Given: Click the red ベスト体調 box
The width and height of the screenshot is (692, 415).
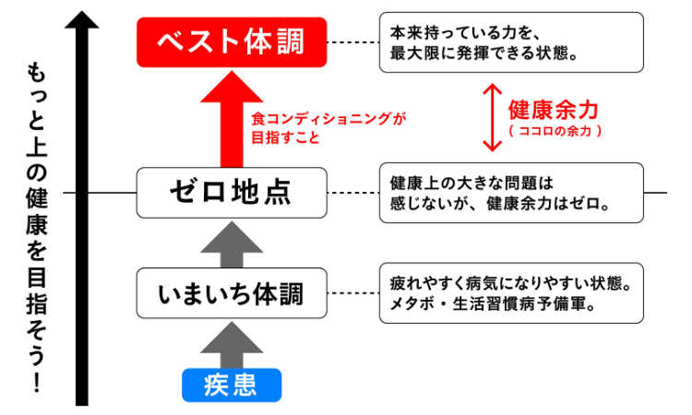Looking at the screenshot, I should click(231, 41).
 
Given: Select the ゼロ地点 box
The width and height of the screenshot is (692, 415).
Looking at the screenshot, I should click(231, 193).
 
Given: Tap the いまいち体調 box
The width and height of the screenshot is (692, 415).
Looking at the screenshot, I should click(231, 294).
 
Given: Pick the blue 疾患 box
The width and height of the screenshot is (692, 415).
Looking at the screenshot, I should click(231, 384).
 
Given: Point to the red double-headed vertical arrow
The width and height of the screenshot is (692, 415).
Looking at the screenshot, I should click(492, 118).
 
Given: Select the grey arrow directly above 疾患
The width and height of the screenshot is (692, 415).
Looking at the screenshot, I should click(231, 343).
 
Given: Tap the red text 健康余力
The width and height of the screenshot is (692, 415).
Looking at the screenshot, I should click(554, 111).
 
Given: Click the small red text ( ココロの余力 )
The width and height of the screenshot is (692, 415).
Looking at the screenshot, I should click(555, 132).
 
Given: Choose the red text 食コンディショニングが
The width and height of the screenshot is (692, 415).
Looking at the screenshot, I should click(328, 119).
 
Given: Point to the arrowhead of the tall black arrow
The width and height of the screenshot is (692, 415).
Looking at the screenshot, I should click(82, 19).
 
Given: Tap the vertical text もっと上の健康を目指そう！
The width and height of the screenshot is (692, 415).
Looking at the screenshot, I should click(33, 226).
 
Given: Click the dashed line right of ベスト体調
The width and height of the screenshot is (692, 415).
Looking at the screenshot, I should click(353, 42).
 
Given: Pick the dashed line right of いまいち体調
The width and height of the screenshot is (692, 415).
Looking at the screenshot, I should click(353, 294).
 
